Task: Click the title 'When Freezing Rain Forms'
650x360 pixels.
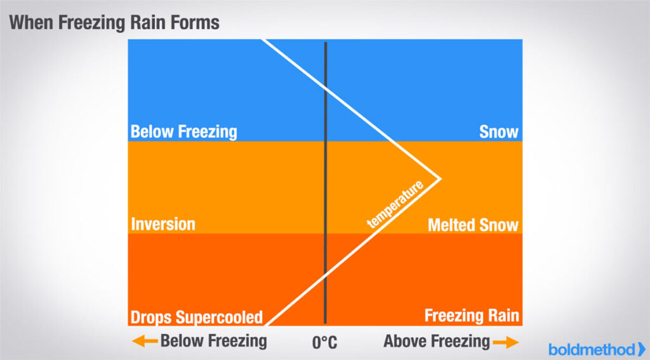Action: tap(114, 22)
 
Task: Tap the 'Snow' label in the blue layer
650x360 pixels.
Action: tap(499, 132)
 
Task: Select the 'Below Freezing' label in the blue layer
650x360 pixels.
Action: tap(183, 132)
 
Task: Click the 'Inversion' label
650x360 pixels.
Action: tap(163, 224)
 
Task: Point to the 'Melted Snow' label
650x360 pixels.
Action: tap(473, 225)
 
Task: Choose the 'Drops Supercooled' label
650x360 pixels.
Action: tap(197, 317)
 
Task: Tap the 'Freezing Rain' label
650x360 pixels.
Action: tap(472, 316)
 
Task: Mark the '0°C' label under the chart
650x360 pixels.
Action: tap(324, 343)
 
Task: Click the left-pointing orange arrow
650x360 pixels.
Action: tap(145, 342)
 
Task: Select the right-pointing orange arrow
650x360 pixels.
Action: tap(506, 342)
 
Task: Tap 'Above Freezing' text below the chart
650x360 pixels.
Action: tap(437, 342)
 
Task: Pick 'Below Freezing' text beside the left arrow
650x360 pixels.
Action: tap(214, 342)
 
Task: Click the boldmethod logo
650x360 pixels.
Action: tap(597, 349)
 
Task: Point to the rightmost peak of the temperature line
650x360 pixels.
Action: tap(441, 179)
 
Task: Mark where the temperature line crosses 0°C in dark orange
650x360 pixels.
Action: tap(326, 274)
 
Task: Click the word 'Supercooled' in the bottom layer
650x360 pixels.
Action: tap(222, 317)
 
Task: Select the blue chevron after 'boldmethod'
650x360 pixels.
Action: tap(642, 349)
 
